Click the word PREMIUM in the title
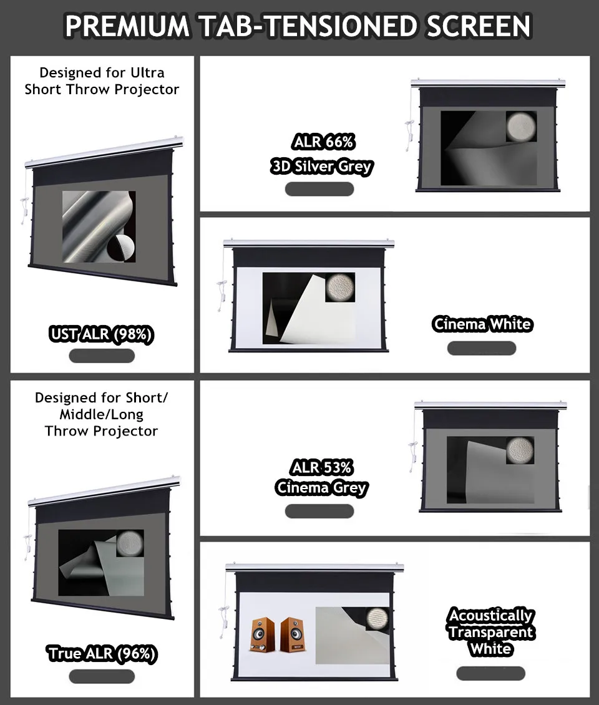point(128,26)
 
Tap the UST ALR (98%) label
point(102,334)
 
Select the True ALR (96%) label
point(102,653)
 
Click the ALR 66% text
point(323,142)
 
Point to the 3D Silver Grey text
point(321,167)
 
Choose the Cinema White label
point(482,324)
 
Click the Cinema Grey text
point(321,487)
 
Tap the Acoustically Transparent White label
point(491,632)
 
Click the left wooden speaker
point(263,634)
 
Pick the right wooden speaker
point(292,634)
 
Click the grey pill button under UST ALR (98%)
point(102,356)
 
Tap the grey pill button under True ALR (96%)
point(102,676)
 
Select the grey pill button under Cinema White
point(482,348)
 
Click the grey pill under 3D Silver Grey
point(319,189)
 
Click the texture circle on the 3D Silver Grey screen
point(521,127)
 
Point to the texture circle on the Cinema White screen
point(340,287)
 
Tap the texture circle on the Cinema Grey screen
point(520,450)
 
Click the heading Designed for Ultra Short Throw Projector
point(102,81)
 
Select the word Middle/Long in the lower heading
point(102,414)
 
